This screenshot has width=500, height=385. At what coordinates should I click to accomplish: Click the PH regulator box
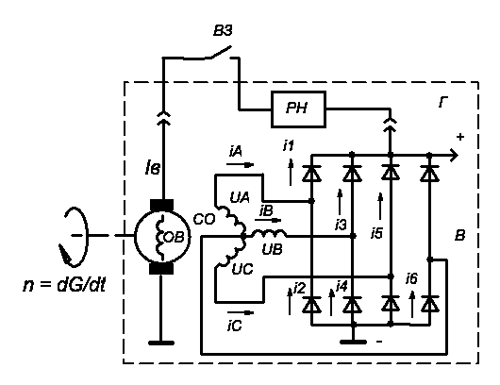pos(298,109)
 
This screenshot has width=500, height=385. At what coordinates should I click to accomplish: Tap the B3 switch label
pos(223,31)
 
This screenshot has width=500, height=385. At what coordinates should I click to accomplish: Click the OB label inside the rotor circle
pos(174,237)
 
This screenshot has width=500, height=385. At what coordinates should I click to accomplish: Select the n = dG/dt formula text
pos(64,285)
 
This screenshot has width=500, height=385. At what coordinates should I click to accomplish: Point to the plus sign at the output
pos(459,137)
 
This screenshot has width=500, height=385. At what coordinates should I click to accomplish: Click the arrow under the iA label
pos(241,164)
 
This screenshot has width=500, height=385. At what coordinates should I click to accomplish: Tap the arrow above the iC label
pos(241,312)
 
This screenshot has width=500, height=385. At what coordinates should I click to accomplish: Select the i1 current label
pos(289,145)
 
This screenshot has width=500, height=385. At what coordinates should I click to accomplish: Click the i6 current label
pos(411,278)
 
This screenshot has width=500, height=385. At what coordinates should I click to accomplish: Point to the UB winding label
pos(272,249)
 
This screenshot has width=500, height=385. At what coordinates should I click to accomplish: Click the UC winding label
pos(242,270)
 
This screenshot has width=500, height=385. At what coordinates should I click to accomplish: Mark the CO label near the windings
pos(204,220)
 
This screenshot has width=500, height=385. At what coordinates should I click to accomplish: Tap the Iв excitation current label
pos(152,168)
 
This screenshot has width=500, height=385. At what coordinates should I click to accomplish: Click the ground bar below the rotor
pos(161,343)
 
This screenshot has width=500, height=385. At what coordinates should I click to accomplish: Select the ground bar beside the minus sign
pos(354,343)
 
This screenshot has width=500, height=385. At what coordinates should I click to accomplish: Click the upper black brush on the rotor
pos(161,205)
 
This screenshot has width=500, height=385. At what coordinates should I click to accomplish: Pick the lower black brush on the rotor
pos(161,269)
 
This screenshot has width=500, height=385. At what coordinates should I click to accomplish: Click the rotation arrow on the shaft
pos(74,237)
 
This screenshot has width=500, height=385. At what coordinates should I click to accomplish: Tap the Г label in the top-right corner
pos(442,103)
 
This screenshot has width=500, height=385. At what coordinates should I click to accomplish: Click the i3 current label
pos(341,225)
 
